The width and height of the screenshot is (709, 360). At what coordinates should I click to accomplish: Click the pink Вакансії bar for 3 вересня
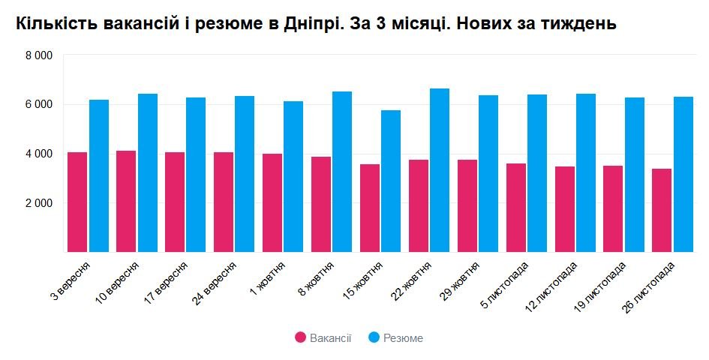coord(77,202)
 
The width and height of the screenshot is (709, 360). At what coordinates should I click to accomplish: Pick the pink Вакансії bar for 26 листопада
coord(662,211)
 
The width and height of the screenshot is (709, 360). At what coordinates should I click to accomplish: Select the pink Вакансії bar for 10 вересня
coord(126,202)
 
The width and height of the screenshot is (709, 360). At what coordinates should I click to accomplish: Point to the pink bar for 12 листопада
coord(564,209)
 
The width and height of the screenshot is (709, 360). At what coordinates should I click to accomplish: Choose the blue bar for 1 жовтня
coord(293,177)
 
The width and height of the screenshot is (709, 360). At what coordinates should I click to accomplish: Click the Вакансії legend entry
coord(323,338)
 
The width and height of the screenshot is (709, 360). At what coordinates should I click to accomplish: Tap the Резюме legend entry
coord(395,338)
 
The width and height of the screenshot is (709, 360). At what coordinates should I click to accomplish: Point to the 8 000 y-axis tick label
coord(38,55)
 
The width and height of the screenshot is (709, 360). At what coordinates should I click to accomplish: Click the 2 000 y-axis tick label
coord(38,203)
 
